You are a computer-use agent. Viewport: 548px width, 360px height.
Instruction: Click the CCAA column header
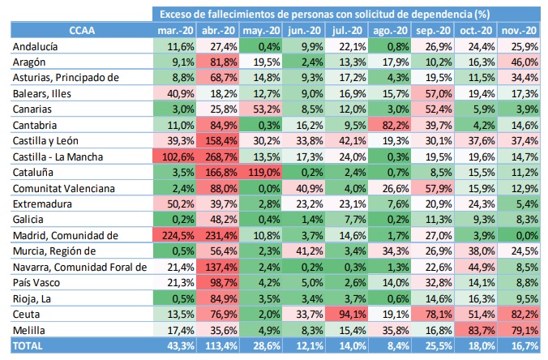click(81, 30)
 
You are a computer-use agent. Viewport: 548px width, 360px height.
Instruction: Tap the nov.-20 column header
click(520, 30)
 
